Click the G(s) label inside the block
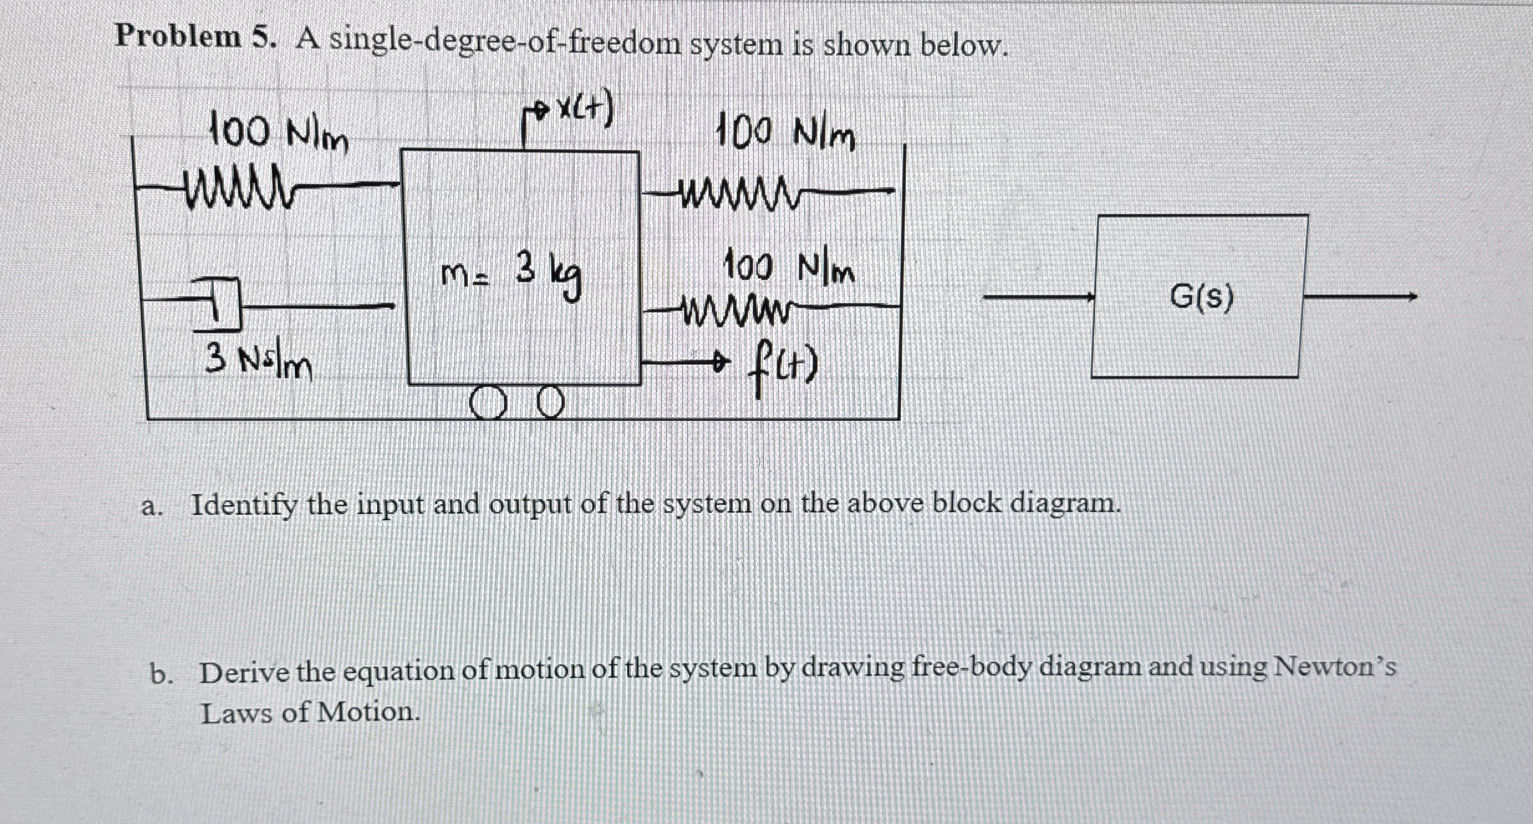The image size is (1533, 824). (x=1201, y=298)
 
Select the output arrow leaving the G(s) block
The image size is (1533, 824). (x=1359, y=297)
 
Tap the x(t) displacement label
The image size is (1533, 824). (x=585, y=111)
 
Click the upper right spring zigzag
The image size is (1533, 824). (x=737, y=189)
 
